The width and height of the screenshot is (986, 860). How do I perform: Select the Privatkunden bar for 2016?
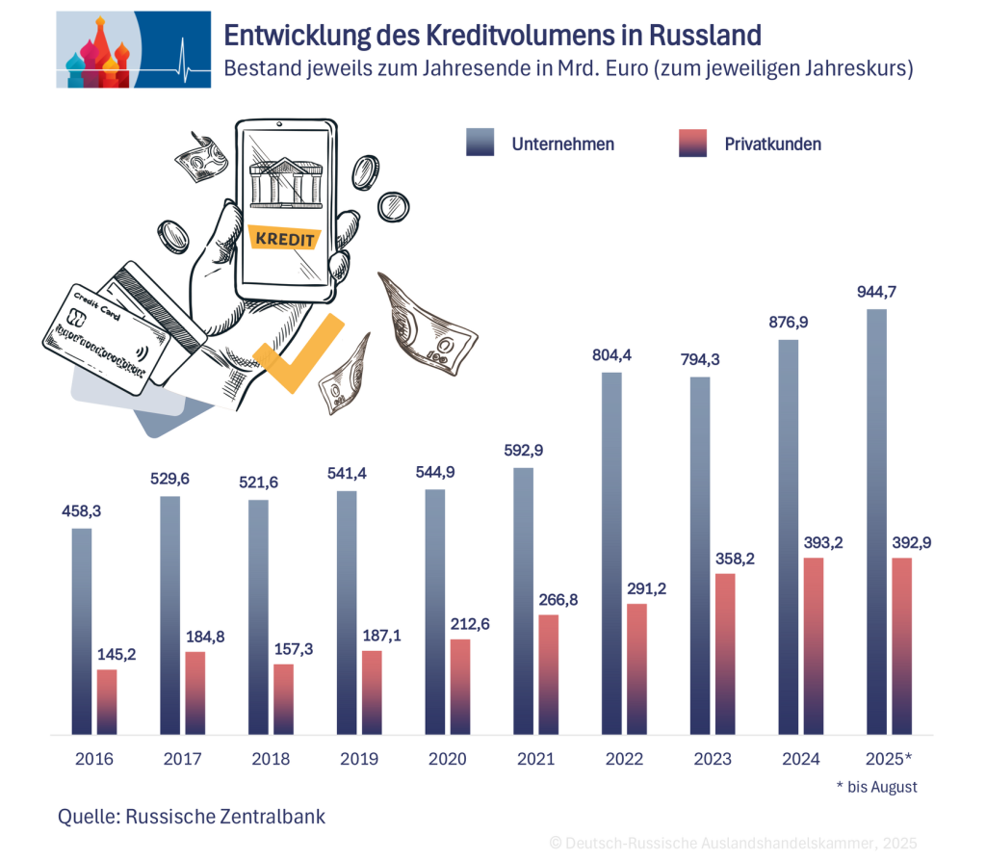pyautogui.click(x=107, y=701)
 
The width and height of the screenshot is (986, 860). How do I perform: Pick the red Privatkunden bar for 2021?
pyautogui.click(x=548, y=674)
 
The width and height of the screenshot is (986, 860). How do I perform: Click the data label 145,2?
pyautogui.click(x=117, y=654)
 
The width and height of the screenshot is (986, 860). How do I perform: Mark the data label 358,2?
pyautogui.click(x=735, y=558)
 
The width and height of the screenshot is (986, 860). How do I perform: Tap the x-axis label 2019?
pyautogui.click(x=359, y=759)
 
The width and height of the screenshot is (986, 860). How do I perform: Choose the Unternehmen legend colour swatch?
pyautogui.click(x=479, y=143)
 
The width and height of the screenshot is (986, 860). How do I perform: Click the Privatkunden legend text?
pyautogui.click(x=772, y=143)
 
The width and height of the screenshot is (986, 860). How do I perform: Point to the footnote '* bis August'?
pyautogui.click(x=876, y=787)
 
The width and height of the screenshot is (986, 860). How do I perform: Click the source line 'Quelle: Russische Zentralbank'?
pyautogui.click(x=192, y=817)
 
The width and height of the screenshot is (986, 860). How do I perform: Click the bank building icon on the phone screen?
pyautogui.click(x=285, y=181)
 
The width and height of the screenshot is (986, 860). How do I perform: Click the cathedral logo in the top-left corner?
pyautogui.click(x=96, y=50)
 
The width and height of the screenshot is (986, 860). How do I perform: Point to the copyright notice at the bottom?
pyautogui.click(x=733, y=843)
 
